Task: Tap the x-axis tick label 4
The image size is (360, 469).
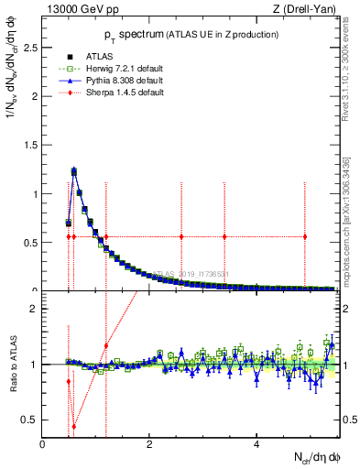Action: tap(256, 444)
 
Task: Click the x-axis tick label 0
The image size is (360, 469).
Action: tap(42, 444)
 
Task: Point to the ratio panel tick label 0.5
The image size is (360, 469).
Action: tap(30, 420)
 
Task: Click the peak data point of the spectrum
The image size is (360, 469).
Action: tap(74, 170)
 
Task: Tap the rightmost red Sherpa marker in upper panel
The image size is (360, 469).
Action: tap(305, 236)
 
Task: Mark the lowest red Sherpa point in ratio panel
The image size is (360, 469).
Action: tap(74, 426)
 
